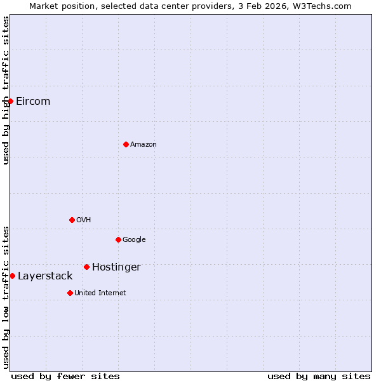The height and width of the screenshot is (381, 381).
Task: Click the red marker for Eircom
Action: click(x=10, y=101)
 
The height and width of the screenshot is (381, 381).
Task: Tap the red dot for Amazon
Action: click(x=126, y=144)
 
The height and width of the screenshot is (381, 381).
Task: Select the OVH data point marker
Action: click(x=72, y=220)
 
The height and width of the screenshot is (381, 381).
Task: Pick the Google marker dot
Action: click(x=118, y=239)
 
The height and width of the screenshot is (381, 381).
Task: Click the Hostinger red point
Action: click(x=86, y=267)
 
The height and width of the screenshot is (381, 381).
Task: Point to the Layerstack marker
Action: click(x=12, y=276)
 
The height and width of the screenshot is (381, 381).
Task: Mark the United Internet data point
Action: click(x=70, y=293)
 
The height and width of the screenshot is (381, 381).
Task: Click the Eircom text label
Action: click(x=33, y=102)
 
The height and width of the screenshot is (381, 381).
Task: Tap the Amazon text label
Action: click(x=144, y=145)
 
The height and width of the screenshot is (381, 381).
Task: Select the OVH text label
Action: click(x=84, y=220)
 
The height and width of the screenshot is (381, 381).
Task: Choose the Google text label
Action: click(x=134, y=240)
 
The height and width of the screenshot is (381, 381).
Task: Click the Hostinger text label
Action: click(x=116, y=267)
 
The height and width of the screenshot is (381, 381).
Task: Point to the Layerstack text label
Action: click(x=45, y=276)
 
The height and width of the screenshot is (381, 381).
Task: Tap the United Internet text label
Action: click(x=100, y=293)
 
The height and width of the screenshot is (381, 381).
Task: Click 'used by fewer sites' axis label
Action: click(x=65, y=376)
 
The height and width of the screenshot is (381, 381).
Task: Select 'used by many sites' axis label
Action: click(x=319, y=376)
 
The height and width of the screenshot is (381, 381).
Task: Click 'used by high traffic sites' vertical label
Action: click(x=6, y=90)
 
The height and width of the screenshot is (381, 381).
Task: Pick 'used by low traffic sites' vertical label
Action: click(x=6, y=297)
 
